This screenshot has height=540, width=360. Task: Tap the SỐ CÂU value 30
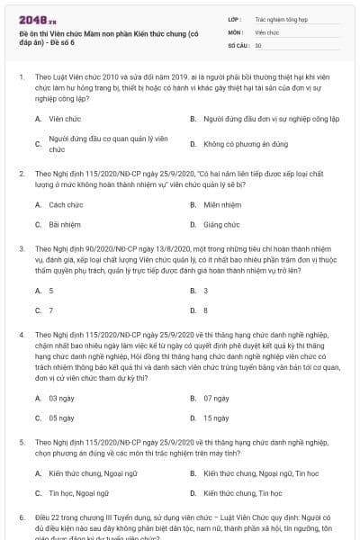point(258,44)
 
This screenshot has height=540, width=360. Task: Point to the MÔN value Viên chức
point(266,31)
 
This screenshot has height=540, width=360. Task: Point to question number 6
point(21,518)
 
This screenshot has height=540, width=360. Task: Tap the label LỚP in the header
point(234,17)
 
